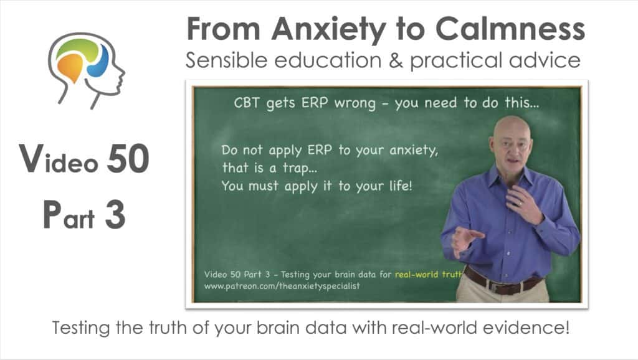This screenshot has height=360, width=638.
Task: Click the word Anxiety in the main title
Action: [328, 29]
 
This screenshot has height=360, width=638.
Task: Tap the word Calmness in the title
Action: [510, 29]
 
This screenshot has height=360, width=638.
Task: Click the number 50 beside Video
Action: [128, 159]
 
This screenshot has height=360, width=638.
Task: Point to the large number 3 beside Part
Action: [115, 215]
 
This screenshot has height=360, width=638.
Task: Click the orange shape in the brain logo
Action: [70, 67]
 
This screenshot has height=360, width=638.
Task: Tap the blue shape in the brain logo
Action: [98, 62]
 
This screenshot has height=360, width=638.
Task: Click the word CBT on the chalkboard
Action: [246, 103]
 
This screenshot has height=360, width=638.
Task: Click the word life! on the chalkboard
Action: [401, 186]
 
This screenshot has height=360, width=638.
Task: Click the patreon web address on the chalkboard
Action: [282, 286]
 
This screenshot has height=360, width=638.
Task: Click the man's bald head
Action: [512, 130]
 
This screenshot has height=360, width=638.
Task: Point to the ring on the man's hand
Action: [520, 203]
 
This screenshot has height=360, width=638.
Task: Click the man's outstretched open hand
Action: [466, 240]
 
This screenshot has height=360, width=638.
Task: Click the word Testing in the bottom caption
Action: [82, 328]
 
